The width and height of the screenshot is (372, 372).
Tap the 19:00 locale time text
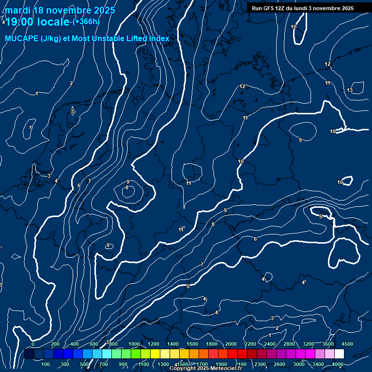[x=37, y=22]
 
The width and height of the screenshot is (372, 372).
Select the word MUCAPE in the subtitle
[x=22, y=39]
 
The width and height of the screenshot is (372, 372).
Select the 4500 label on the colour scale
[x=347, y=344]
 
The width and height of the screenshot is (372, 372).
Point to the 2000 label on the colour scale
[x=231, y=344]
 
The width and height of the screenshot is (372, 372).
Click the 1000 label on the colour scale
[x=134, y=344]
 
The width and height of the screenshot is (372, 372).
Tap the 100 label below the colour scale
[x=46, y=364]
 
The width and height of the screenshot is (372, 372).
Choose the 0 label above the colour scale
[x=33, y=344]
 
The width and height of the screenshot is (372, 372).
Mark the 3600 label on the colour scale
[x=328, y=344]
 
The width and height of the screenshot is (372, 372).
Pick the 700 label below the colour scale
[x=103, y=364]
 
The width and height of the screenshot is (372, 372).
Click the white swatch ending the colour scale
[x=339, y=354]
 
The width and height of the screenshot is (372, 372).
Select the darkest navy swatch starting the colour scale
[x=29, y=354]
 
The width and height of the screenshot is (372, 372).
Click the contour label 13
[x=350, y=91]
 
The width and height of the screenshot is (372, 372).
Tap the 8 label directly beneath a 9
[x=127, y=187]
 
